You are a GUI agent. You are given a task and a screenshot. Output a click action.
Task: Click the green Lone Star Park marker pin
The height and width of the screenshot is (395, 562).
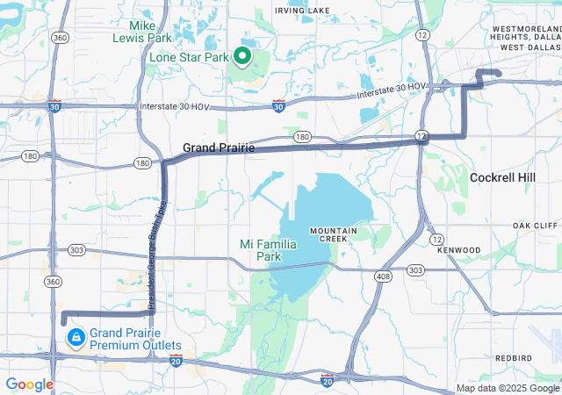click(x=241, y=58)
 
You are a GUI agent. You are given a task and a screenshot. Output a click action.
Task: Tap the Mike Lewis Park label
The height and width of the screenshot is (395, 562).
click(x=140, y=32)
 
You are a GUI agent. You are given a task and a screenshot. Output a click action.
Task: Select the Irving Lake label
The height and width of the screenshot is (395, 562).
click(x=302, y=11)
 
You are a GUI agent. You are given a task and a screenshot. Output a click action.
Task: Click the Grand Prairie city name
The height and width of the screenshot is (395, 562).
click(x=219, y=148)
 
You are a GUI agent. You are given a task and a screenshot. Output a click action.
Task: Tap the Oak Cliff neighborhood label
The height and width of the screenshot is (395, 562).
click(x=535, y=226)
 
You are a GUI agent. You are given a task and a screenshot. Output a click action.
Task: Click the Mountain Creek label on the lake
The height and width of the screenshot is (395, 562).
click(x=333, y=234)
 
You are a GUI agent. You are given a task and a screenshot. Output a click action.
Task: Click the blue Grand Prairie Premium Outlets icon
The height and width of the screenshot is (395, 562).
click(x=76, y=336)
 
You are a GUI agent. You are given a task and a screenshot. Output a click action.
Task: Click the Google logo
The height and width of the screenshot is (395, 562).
click(x=29, y=384)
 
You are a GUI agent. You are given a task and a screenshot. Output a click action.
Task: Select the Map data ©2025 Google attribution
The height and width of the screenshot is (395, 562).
click(x=508, y=388)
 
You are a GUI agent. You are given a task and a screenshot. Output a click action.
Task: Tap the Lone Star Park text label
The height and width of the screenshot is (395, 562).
click(x=188, y=57)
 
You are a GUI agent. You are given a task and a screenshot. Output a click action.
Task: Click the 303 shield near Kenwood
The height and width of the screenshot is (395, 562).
click(x=415, y=270)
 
